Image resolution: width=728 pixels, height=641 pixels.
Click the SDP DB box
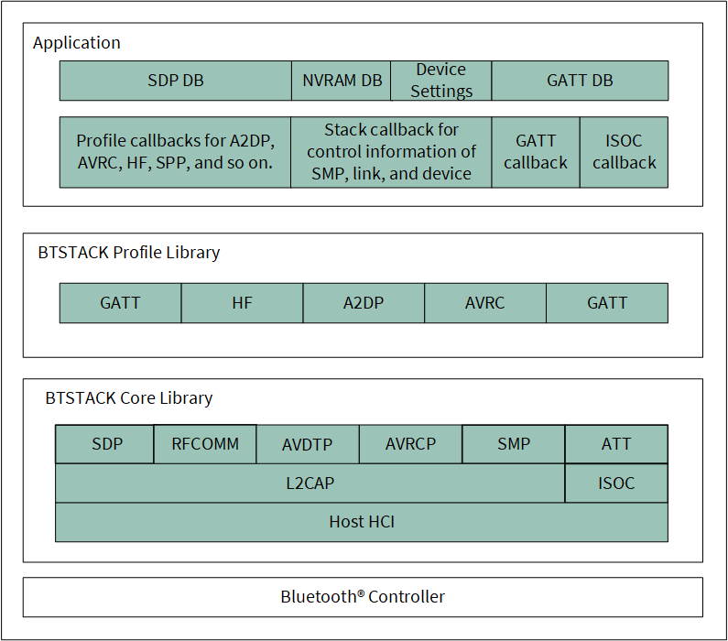point(176,81)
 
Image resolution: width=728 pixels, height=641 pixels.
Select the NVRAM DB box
point(342,81)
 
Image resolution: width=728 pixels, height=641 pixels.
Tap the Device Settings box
point(441,81)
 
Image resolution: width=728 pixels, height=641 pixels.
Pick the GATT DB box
point(580,81)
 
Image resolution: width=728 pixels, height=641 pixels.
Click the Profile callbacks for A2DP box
point(175,152)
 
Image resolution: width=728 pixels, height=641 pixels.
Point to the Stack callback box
point(391,152)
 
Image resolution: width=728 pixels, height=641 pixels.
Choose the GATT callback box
point(536,152)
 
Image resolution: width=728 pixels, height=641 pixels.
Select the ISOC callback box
point(624,152)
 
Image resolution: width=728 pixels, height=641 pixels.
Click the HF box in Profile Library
point(242,303)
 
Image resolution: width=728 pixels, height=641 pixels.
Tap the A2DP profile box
point(364,303)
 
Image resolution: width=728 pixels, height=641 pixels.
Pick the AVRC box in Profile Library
point(485,303)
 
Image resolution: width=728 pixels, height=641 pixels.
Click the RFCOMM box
point(205,444)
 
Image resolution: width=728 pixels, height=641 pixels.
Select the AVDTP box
point(308,444)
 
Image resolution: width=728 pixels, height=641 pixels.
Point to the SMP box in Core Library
point(514,444)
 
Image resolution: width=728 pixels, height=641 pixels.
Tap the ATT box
point(616,444)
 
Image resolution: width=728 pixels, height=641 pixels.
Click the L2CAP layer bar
point(310,483)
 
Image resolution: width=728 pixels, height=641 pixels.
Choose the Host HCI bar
point(362,522)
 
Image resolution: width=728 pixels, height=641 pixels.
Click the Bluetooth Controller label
point(363,597)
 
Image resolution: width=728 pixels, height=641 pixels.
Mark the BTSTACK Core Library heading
point(129,398)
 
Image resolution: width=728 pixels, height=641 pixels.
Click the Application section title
point(77,43)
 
